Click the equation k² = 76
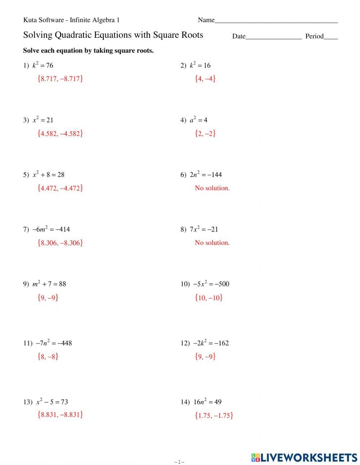[x=42, y=65]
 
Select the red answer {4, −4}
[x=205, y=79]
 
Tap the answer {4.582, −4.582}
[x=60, y=133]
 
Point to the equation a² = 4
[x=199, y=120]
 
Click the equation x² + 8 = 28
[x=48, y=175]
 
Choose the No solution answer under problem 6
[x=212, y=188]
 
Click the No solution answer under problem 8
[x=212, y=243]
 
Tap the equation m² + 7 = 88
[x=49, y=284]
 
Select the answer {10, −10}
[x=208, y=298]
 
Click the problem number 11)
[x=28, y=343]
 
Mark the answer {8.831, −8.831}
[x=60, y=414]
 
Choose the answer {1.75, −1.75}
[x=214, y=415]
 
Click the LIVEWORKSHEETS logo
[x=304, y=457]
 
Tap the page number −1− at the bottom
[x=179, y=462]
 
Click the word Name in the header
[x=206, y=20]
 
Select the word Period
[x=314, y=36]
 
